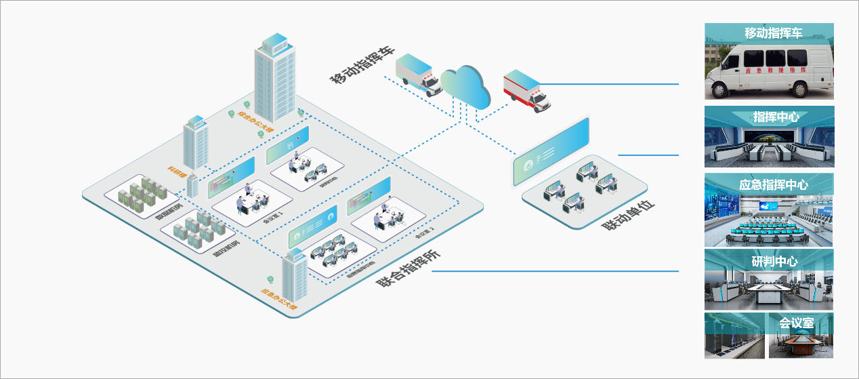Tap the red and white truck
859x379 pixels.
click(526, 92)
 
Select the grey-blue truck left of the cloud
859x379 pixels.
click(415, 72)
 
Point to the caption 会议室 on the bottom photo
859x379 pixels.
click(796, 323)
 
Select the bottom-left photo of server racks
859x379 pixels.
click(734, 335)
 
